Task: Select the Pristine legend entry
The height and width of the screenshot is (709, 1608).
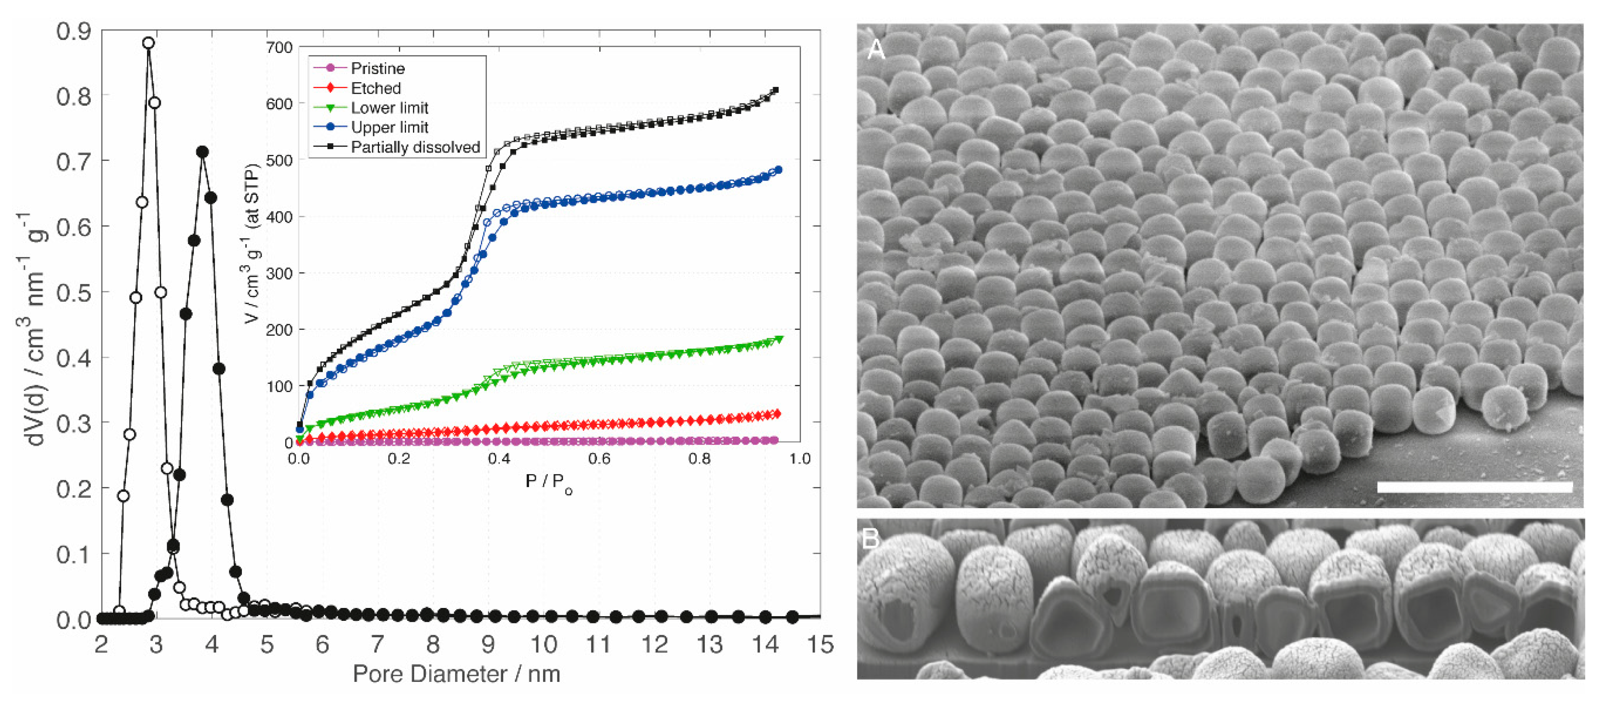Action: click(377, 68)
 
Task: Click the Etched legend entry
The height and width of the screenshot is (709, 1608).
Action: click(375, 88)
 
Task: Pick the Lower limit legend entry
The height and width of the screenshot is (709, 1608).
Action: click(389, 107)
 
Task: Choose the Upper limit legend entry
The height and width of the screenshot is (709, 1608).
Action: click(389, 127)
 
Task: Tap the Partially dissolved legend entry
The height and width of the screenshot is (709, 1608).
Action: click(415, 147)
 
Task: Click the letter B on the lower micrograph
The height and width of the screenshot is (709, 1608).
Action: click(870, 538)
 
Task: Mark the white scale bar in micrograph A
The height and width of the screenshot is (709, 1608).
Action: click(1474, 487)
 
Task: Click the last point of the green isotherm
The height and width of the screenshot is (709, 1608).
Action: click(778, 339)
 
